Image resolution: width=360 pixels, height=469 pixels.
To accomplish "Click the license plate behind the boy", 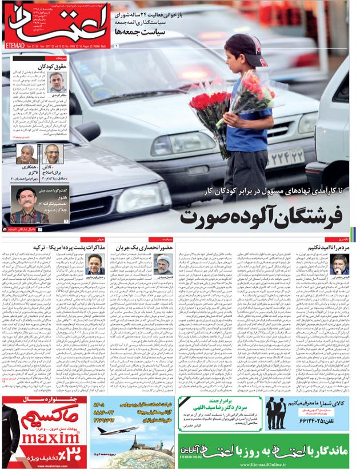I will pos(284,155).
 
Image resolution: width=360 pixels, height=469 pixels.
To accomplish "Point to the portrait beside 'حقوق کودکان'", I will pos(57,81).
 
